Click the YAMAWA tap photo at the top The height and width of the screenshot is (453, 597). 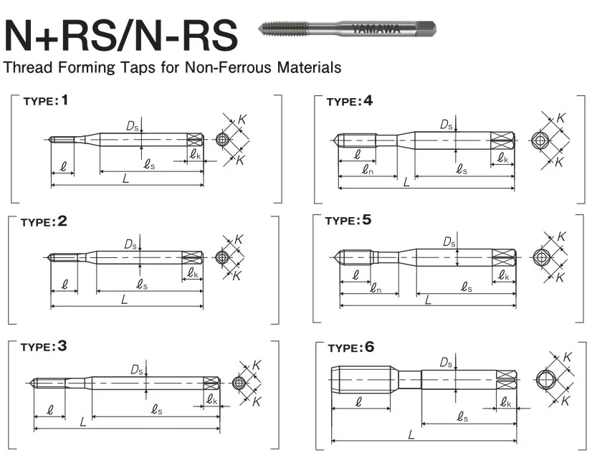tap(347, 29)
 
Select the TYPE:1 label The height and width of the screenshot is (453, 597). tap(47, 101)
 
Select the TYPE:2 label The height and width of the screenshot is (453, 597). tap(44, 222)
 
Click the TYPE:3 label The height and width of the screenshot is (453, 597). tap(44, 347)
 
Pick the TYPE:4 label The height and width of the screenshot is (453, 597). tap(350, 102)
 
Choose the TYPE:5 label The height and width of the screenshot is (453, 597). tap(348, 221)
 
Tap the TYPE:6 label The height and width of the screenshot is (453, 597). tap(350, 348)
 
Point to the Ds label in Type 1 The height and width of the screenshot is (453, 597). tap(132, 126)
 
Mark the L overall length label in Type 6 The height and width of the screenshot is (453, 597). tap(411, 434)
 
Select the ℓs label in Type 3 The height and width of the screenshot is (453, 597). tap(156, 409)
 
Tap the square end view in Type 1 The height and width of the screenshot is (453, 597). tap(223, 139)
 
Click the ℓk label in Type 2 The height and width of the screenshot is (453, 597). tap(194, 273)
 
